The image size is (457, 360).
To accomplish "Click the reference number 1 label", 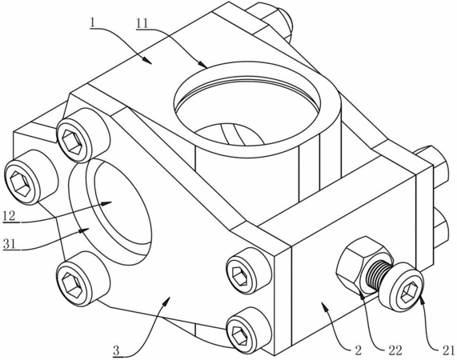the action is (92, 23).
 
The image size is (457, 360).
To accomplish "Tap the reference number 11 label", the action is (142, 23).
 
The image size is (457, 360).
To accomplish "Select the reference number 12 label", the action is (10, 216).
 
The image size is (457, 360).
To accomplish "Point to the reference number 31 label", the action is (9, 243).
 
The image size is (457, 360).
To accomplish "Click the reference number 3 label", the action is (116, 350).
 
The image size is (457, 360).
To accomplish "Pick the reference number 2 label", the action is (359, 350).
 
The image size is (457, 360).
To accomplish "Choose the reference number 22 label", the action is (395, 350).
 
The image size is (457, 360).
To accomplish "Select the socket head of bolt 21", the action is (403, 286).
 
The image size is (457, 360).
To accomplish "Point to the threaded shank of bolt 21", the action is (379, 274).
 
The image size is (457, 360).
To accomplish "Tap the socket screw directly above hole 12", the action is (82, 135).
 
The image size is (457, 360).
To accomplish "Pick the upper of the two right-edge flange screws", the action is (248, 270).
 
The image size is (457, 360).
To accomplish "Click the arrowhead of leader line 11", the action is (202, 63).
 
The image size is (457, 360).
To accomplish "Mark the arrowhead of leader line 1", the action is (147, 60).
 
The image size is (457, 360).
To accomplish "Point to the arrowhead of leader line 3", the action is (167, 302).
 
